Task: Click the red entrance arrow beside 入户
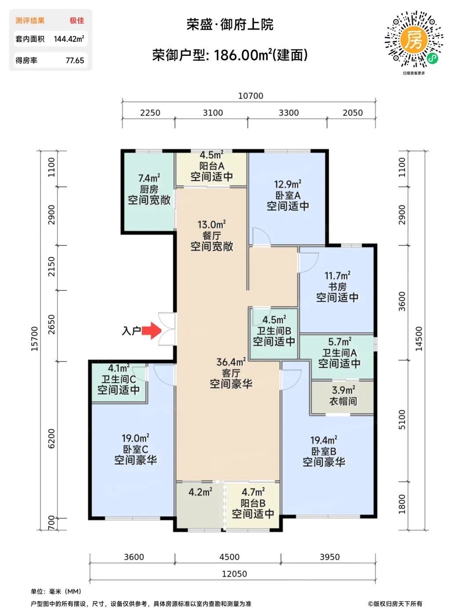pyautogui.click(x=152, y=331)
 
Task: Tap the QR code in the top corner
pyautogui.click(x=413, y=40)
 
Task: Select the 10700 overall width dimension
pyautogui.click(x=250, y=96)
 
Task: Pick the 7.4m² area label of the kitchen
pyautogui.click(x=149, y=178)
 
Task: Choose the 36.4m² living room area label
pyautogui.click(x=231, y=362)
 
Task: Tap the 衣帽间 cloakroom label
pyautogui.click(x=343, y=401)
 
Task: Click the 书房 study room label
pyautogui.click(x=337, y=286)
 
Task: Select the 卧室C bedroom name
pyautogui.click(x=136, y=449)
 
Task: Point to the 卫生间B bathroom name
pyautogui.click(x=274, y=331)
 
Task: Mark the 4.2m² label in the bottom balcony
pyautogui.click(x=200, y=492)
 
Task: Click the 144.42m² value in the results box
pyautogui.click(x=69, y=39)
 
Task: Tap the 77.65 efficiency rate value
pyautogui.click(x=75, y=61)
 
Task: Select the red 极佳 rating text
pyautogui.click(x=77, y=21)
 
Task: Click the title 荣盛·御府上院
pyautogui.click(x=230, y=25)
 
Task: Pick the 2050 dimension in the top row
pyautogui.click(x=352, y=112)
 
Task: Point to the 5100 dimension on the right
pyautogui.click(x=402, y=420)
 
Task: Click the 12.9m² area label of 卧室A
pyautogui.click(x=288, y=184)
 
